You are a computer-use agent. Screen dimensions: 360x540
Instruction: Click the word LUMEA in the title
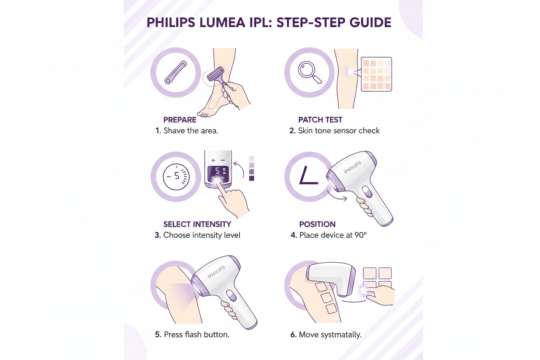222,23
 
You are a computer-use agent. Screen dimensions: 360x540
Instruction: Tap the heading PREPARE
180,120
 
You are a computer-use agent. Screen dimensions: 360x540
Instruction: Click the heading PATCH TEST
320,120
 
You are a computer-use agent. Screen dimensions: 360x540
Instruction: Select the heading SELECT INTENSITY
197,224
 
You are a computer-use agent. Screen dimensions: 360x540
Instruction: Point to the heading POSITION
317,224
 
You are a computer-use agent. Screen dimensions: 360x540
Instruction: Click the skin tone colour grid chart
376,74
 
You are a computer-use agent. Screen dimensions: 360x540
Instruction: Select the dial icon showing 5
176,177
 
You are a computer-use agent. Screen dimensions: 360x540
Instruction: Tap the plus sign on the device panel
213,161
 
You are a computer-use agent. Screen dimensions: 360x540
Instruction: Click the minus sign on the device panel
223,161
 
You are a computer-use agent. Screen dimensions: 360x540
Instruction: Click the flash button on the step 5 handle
231,296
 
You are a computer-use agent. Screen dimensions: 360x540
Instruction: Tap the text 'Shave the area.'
190,130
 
